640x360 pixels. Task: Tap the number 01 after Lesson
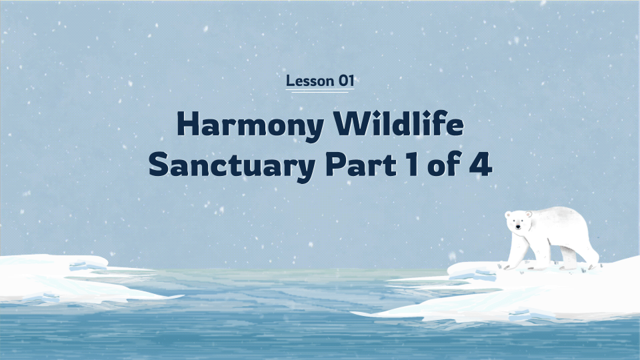click(x=345, y=81)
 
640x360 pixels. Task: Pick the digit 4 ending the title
click(x=479, y=165)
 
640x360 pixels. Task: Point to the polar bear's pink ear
click(x=529, y=215)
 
